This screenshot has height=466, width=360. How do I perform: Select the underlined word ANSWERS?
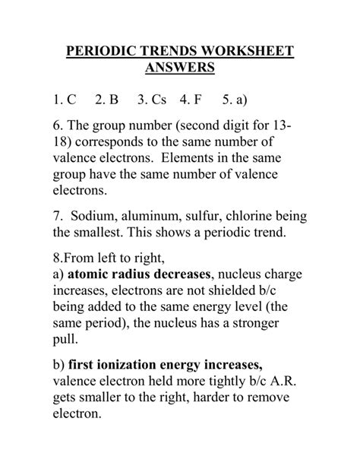[x=180, y=70]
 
